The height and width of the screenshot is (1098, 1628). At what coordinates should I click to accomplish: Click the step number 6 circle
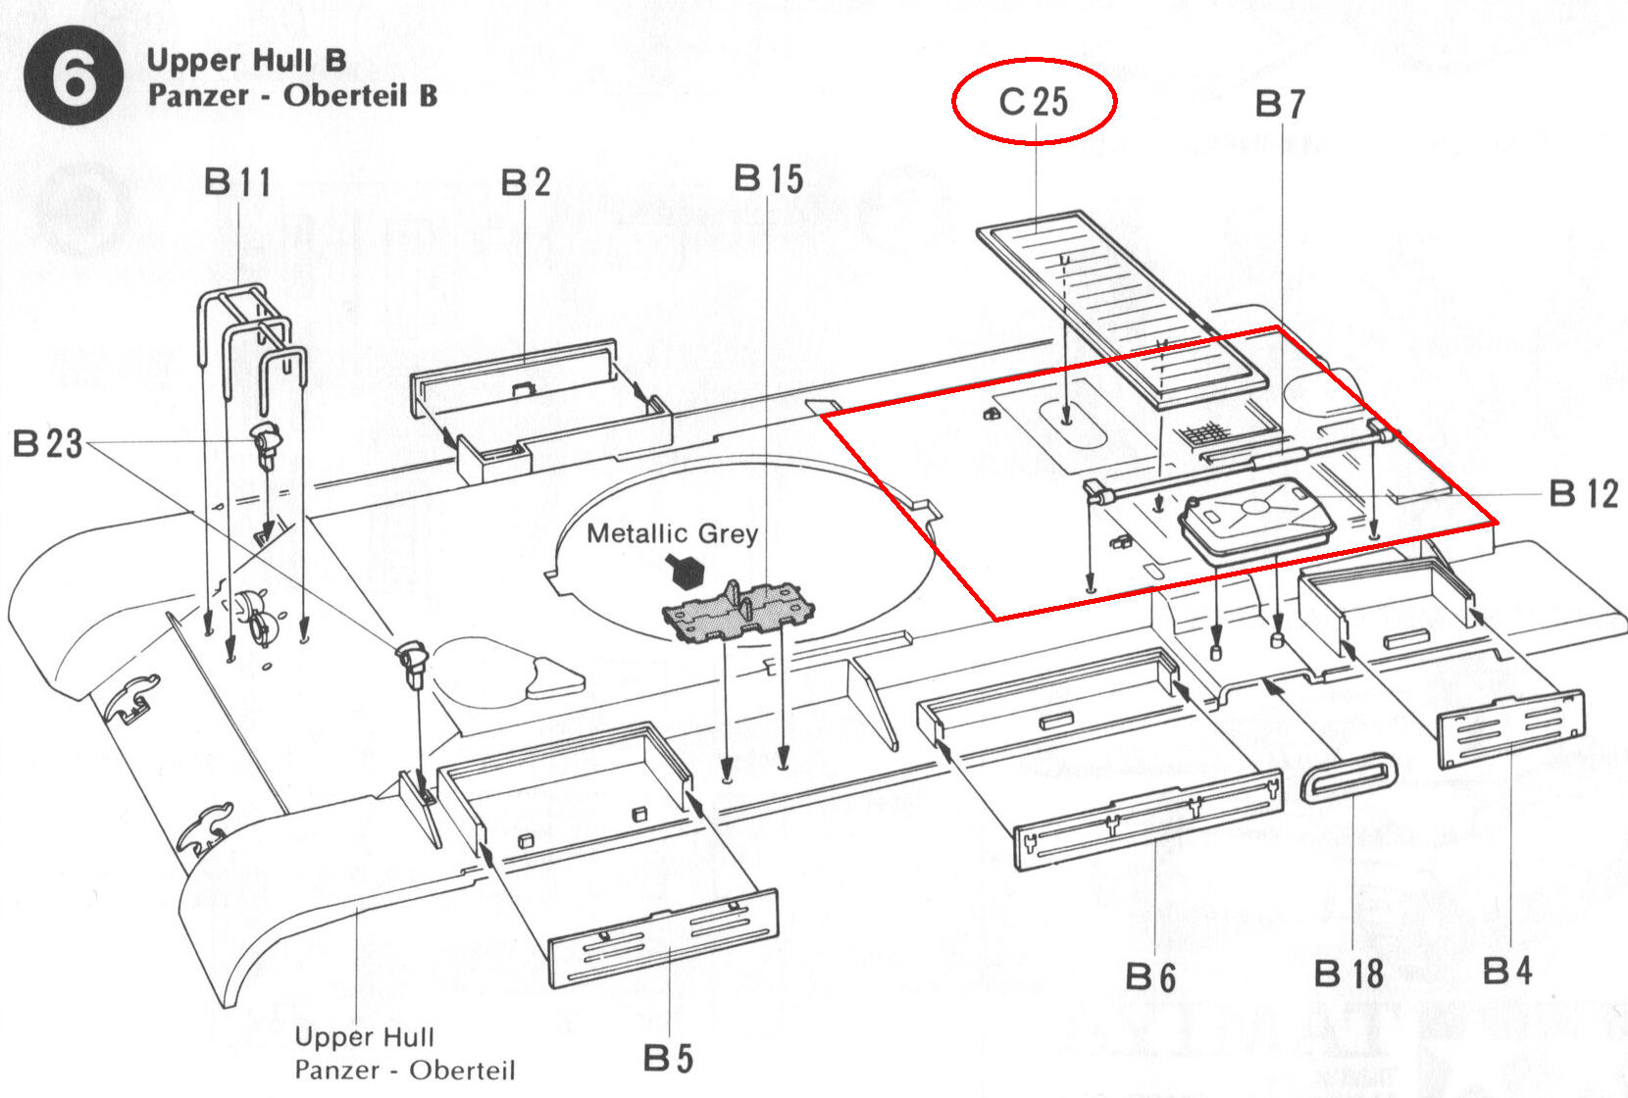coord(73,75)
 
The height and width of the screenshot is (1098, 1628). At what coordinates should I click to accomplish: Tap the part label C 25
coord(1034,102)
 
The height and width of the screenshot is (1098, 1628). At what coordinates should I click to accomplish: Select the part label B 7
coord(1281,104)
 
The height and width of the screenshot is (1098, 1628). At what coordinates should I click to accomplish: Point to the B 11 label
coord(237,181)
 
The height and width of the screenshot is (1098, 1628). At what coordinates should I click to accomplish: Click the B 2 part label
coord(526,181)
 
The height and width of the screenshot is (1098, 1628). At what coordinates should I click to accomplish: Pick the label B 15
coord(768,178)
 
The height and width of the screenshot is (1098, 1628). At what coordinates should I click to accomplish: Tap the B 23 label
coord(48,443)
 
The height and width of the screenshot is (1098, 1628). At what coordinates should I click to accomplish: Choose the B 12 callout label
coord(1584,493)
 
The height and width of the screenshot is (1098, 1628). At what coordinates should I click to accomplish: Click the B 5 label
coord(668,1058)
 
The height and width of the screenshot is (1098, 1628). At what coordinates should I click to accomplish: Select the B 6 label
coord(1150,976)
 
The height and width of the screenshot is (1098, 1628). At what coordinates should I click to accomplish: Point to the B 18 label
coord(1348,973)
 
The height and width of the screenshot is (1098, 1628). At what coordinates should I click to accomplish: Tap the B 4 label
coord(1507,971)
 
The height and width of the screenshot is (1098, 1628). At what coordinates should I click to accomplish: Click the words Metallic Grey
coord(672,533)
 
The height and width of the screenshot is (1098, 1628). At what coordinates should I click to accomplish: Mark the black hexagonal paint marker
coord(687,572)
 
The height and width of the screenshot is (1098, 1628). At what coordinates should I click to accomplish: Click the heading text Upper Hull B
coord(246,61)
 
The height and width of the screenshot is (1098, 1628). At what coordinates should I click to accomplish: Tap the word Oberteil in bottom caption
coord(462,1070)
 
